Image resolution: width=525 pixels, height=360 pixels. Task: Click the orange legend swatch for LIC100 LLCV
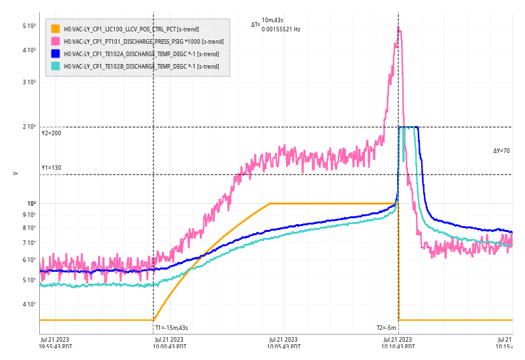pyautogui.click(x=56, y=29)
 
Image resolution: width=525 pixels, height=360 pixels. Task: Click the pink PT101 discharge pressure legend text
pyautogui.click(x=143, y=41)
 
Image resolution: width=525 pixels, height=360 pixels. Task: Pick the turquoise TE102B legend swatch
pyautogui.click(x=56, y=66)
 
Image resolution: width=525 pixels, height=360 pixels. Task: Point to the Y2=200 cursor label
pyautogui.click(x=51, y=133)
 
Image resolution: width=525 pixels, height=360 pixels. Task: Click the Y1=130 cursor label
pyautogui.click(x=51, y=168)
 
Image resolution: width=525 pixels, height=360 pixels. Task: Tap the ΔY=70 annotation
pyautogui.click(x=501, y=151)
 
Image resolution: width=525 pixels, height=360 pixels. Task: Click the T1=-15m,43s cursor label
pyautogui.click(x=171, y=327)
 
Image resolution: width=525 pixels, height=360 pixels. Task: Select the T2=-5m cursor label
pyautogui.click(x=386, y=327)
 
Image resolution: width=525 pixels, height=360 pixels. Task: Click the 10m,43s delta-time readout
pyautogui.click(x=273, y=20)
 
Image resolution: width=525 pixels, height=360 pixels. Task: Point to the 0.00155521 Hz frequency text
pyautogui.click(x=281, y=29)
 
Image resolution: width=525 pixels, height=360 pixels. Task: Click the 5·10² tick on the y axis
pyautogui.click(x=29, y=26)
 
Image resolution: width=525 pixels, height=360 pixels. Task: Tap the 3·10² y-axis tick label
pyautogui.click(x=29, y=82)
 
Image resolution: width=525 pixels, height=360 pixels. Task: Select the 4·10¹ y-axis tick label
pyautogui.click(x=29, y=304)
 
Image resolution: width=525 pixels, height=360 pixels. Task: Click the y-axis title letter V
pyautogui.click(x=15, y=174)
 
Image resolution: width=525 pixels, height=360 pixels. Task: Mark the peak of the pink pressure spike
pyautogui.click(x=399, y=27)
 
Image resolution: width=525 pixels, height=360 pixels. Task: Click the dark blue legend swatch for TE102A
pyautogui.click(x=56, y=54)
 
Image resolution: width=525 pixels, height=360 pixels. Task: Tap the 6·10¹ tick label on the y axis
pyautogui.click(x=29, y=260)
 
